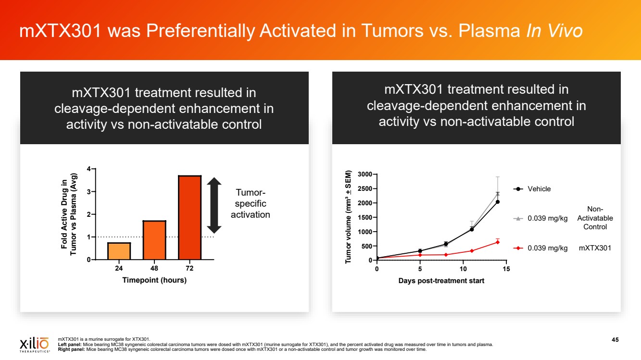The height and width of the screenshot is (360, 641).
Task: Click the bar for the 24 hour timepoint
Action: [119, 251]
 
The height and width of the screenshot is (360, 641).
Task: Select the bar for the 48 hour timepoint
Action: [154, 240]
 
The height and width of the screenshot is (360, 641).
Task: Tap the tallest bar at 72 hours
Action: [189, 217]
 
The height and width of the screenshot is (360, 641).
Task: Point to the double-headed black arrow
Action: [214, 205]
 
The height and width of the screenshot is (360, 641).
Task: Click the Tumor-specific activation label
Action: [250, 204]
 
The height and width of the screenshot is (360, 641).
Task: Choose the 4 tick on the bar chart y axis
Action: [88, 169]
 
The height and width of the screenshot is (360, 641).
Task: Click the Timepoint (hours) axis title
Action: [154, 280]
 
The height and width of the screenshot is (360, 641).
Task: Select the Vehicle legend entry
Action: [539, 189]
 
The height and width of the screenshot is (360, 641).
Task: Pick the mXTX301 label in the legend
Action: [595, 248]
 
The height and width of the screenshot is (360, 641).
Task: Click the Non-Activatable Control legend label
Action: [595, 218]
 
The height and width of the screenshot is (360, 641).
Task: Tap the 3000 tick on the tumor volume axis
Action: [362, 174]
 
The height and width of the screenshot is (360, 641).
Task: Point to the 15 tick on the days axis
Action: [506, 269]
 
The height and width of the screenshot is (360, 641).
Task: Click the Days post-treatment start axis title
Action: [441, 280]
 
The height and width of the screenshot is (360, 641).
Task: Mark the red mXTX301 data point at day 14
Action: [497, 242]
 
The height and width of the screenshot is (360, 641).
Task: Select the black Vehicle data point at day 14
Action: [497, 202]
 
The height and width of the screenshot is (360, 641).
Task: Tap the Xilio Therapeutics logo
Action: [34, 344]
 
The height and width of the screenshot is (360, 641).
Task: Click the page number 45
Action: [615, 340]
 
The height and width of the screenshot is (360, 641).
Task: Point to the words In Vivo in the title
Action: [554, 31]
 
